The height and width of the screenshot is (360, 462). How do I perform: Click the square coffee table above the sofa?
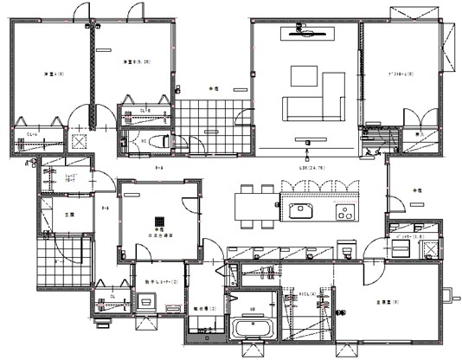[304, 77]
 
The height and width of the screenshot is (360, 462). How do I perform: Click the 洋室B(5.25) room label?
[136, 61]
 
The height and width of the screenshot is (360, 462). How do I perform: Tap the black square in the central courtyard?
[157, 220]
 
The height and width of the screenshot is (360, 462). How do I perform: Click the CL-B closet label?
[144, 110]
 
